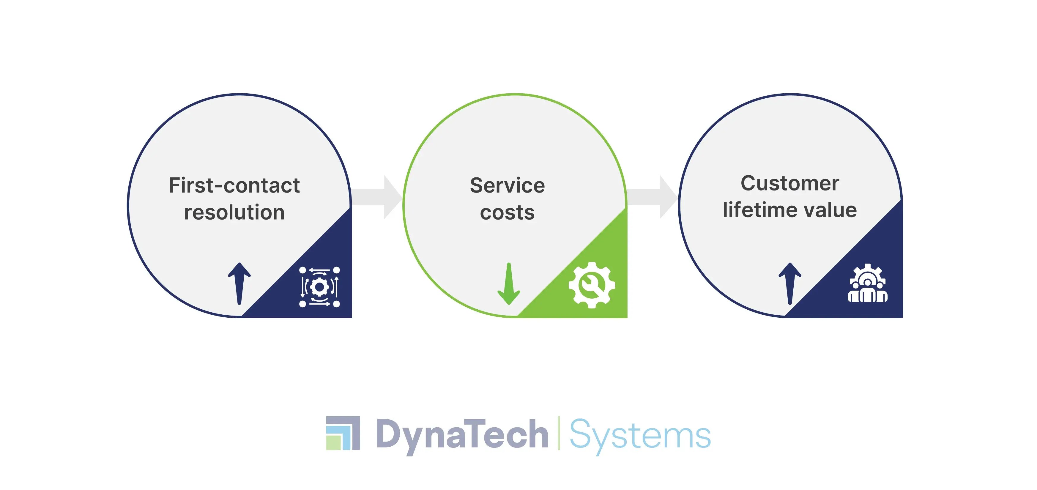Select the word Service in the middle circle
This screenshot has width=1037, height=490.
(x=507, y=186)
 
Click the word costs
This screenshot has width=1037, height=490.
(x=507, y=212)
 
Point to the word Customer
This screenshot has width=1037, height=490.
(x=789, y=184)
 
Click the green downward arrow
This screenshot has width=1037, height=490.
(x=509, y=283)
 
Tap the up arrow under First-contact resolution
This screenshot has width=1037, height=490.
(x=239, y=283)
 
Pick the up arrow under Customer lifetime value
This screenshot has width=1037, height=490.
(x=790, y=283)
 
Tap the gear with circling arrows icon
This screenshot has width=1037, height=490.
(x=320, y=287)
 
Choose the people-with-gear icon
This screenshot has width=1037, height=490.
(x=868, y=283)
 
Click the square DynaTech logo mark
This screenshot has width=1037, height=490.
(x=343, y=433)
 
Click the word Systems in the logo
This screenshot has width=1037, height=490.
(x=640, y=436)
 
